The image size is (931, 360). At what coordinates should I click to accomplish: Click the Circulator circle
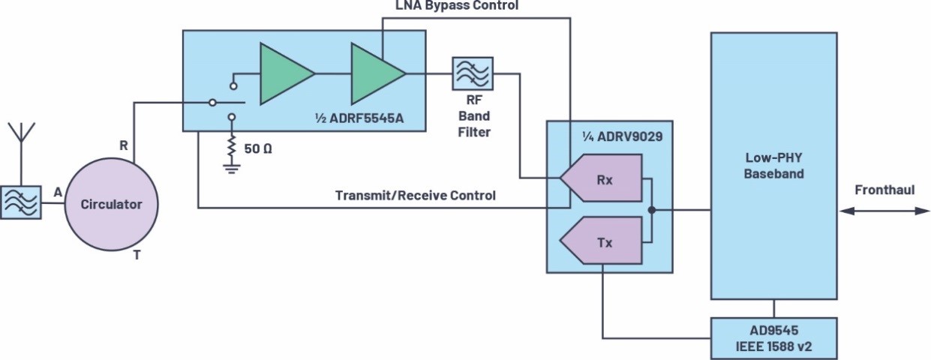111,204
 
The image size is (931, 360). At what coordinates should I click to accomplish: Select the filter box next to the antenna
21,202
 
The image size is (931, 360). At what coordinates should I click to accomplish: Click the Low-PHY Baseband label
774,166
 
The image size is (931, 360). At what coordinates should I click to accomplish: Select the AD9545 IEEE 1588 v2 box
774,339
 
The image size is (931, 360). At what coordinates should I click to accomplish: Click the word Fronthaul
885,190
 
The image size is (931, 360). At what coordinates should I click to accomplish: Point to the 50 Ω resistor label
257,148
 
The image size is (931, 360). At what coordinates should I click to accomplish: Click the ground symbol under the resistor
232,167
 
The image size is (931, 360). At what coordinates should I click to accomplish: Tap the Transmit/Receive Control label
415,196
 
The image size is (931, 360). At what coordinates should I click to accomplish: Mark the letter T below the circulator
137,256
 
